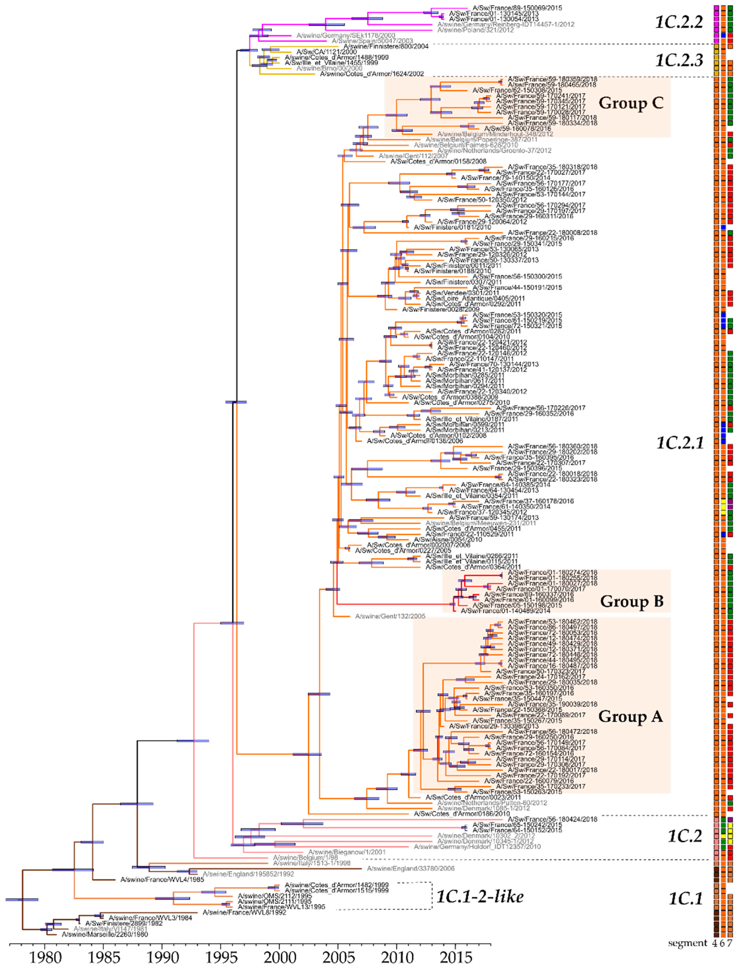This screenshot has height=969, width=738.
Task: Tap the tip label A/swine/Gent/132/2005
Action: (x=390, y=617)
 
